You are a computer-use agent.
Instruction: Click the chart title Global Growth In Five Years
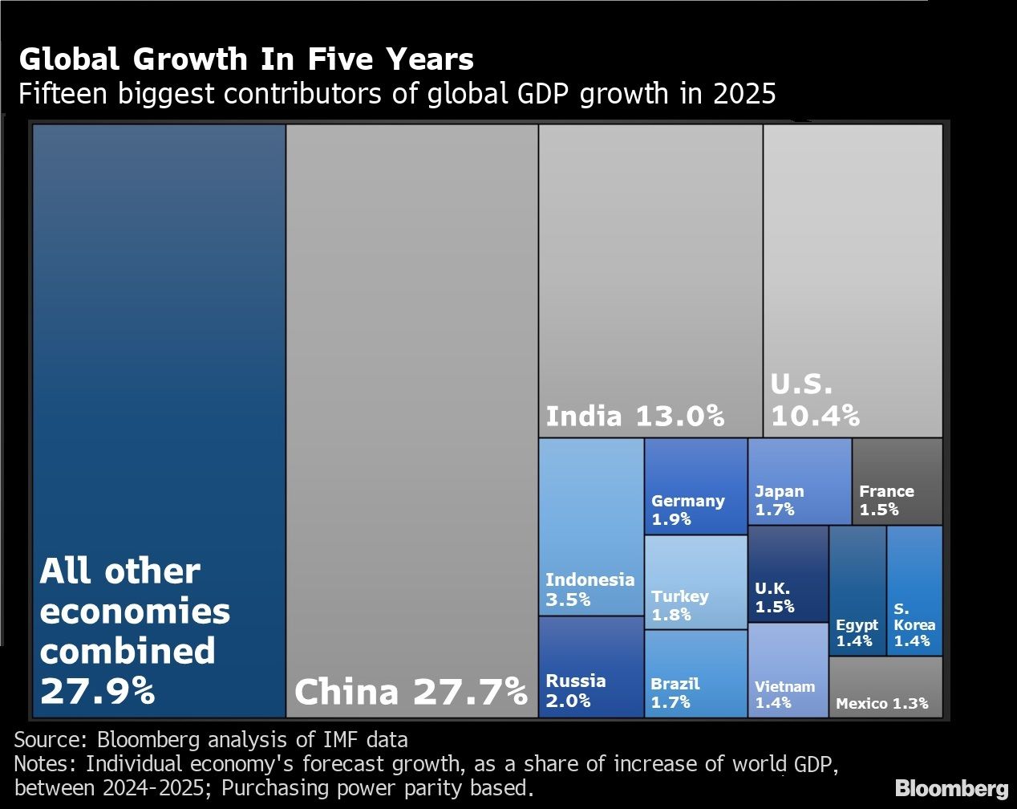click(245, 60)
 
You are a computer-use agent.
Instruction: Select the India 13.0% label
click(634, 416)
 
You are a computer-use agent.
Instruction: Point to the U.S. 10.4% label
click(814, 400)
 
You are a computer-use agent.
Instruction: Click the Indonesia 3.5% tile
click(591, 527)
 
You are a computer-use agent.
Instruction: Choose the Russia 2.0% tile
click(591, 667)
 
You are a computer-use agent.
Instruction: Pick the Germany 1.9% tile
click(695, 486)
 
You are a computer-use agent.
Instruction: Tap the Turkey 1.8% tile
click(695, 583)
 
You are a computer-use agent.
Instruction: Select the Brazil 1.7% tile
click(695, 674)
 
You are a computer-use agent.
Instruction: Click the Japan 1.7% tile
click(799, 482)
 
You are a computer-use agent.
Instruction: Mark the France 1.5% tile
click(897, 482)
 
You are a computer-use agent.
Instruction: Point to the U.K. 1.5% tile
click(788, 574)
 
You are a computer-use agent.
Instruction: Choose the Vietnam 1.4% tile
click(788, 670)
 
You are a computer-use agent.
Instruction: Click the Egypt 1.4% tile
click(857, 591)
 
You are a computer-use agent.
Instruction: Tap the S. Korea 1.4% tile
click(914, 591)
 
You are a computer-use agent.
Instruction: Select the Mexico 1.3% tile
click(885, 688)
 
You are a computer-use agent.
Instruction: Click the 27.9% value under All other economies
click(97, 691)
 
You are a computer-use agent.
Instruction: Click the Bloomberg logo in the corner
click(951, 787)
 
